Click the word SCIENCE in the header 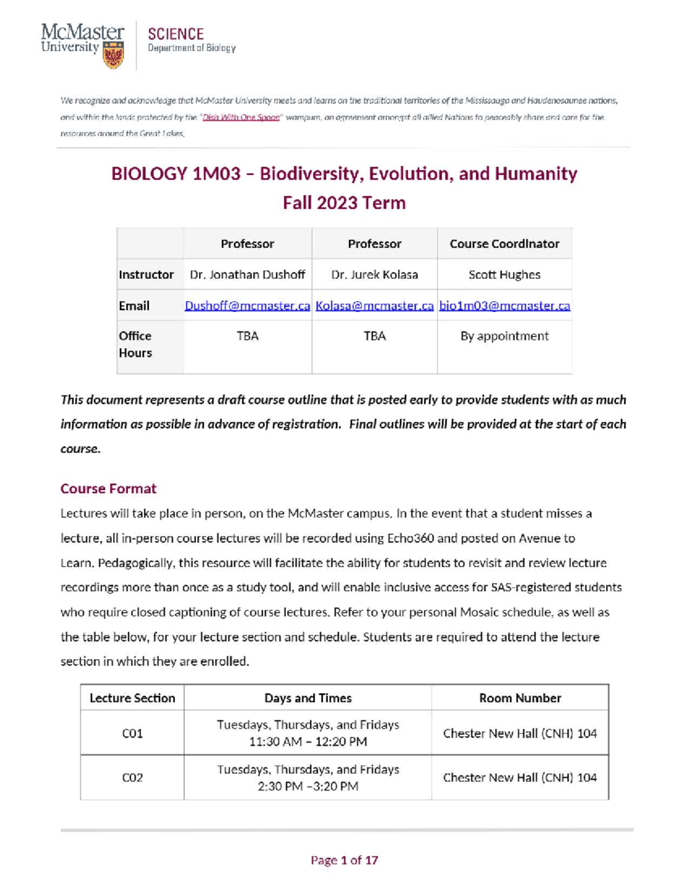tap(175, 34)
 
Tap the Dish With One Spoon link tap(241, 117)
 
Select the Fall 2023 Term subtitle tap(344, 203)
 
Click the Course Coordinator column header tap(504, 244)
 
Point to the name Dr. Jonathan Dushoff tap(247, 275)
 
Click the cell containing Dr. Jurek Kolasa tap(374, 275)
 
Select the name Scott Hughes tap(504, 275)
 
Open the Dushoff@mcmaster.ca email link tap(247, 306)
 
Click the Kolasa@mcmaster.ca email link tap(374, 306)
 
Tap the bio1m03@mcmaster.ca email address tap(505, 306)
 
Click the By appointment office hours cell tap(504, 336)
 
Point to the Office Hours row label tap(135, 344)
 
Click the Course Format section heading tap(108, 488)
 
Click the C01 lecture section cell tap(132, 733)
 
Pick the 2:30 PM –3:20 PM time tap(308, 786)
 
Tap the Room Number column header tap(520, 698)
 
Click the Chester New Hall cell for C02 tap(520, 777)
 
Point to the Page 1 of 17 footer tap(344, 860)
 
